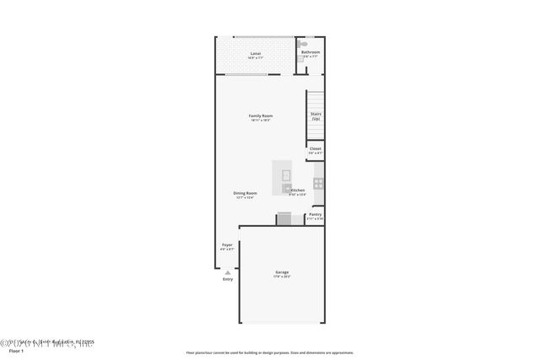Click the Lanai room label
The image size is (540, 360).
click(x=255, y=53)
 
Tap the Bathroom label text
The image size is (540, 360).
click(x=310, y=52)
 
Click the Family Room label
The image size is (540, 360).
click(x=260, y=116)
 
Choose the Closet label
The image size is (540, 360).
click(x=315, y=148)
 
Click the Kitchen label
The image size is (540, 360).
click(x=298, y=191)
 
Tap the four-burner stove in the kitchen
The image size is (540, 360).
click(x=319, y=182)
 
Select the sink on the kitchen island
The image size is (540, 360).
click(x=286, y=175)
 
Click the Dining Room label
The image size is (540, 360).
click(x=246, y=193)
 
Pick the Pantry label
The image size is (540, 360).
click(x=315, y=214)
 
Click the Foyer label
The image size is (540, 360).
click(x=227, y=244)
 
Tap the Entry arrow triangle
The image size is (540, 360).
click(x=227, y=271)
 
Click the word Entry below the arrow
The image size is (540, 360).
click(x=228, y=279)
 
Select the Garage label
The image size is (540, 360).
click(x=282, y=272)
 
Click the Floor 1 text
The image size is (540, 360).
click(x=17, y=353)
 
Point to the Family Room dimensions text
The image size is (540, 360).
click(x=261, y=121)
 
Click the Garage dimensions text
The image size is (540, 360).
click(x=282, y=277)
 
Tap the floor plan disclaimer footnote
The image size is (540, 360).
click(x=269, y=353)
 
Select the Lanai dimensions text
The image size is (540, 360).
click(x=255, y=58)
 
